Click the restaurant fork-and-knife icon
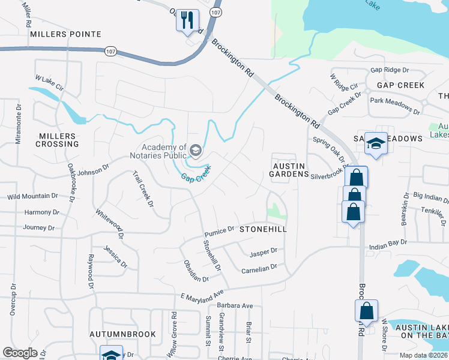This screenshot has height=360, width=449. pyautogui.click(x=187, y=20)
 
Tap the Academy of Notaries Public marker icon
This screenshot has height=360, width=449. pyautogui.click(x=195, y=149)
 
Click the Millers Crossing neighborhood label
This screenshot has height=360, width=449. pyautogui.click(x=57, y=140)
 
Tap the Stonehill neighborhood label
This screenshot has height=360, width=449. pyautogui.click(x=263, y=229)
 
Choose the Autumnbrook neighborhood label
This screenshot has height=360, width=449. pyautogui.click(x=122, y=334)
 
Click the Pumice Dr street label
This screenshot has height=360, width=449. pyautogui.click(x=218, y=231)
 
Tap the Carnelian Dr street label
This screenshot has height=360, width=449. pyautogui.click(x=258, y=269)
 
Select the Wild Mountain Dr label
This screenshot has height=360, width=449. pyautogui.click(x=32, y=196)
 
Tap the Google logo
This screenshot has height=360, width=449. pyautogui.click(x=20, y=353)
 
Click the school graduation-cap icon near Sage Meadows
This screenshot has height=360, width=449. pyautogui.click(x=376, y=143)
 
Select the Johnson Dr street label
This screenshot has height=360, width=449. pyautogui.click(x=93, y=174)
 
